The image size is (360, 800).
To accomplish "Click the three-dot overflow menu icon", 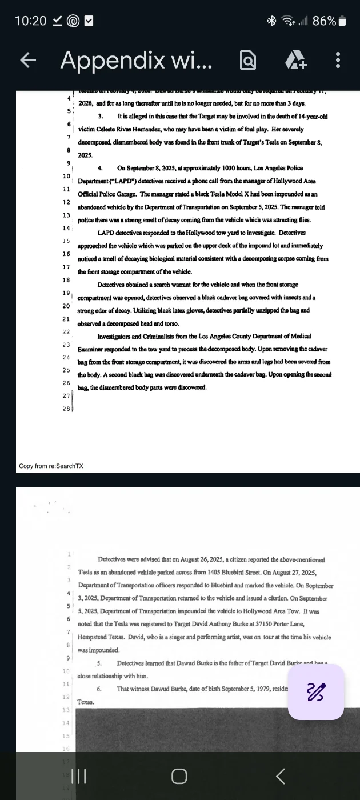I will tap(338, 60).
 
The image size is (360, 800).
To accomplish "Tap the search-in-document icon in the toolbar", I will tap(248, 60).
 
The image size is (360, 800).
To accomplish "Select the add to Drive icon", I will tap(296, 60).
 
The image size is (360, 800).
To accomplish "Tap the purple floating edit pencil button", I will tap(316, 691).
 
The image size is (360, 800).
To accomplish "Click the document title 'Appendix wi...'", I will tap(136, 60).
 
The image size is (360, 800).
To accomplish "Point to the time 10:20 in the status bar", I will tap(30, 21).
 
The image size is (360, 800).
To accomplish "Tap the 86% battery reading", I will tap(324, 21).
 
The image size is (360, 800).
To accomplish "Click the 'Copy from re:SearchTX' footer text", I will tap(51, 466).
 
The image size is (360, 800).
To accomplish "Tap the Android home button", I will tap(179, 775).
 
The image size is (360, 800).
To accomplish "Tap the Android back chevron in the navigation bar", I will tap(280, 775).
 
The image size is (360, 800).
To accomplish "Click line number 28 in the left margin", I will tap(66, 409).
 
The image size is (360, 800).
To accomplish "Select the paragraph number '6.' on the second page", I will tap(100, 689).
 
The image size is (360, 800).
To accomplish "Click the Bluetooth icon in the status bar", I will tap(272, 21).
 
